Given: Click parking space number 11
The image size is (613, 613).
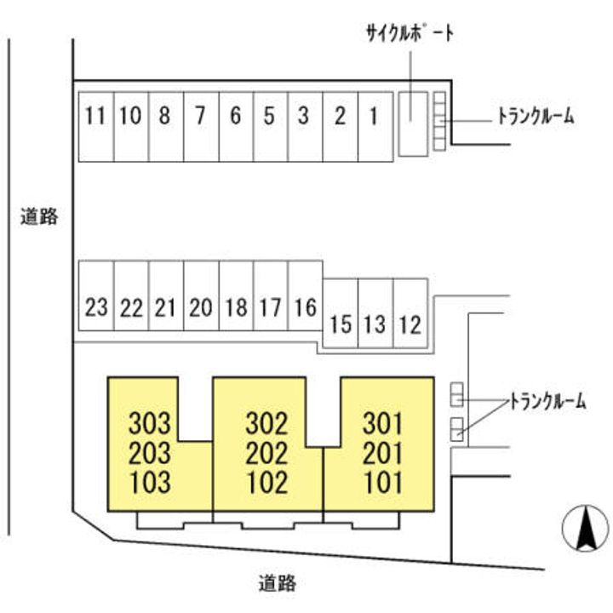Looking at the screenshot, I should [95, 117].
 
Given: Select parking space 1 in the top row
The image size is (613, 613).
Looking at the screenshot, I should [375, 117].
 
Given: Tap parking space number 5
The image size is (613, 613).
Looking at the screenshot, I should [270, 117].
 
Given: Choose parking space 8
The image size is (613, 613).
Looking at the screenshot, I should [165, 117].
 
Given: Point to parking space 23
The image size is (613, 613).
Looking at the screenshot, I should [96, 306].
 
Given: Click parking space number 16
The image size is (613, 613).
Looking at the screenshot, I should [305, 306].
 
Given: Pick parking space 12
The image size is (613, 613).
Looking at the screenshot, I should [410, 324].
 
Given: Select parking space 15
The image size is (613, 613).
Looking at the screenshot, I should [340, 324].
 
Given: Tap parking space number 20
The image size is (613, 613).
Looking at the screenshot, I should [200, 306].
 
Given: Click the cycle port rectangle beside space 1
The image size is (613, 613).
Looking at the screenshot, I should [412, 123].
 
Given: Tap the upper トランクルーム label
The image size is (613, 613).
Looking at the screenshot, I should [536, 117].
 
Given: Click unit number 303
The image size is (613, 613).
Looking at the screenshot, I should [150, 422].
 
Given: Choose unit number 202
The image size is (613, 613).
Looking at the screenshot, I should [266, 452].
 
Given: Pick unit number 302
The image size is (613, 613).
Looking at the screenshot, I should [266, 422].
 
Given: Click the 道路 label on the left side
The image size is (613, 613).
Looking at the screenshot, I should [39, 217].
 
